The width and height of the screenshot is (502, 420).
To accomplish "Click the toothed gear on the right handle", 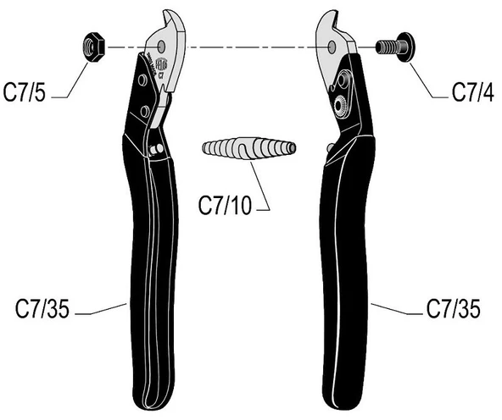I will (x=342, y=104).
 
